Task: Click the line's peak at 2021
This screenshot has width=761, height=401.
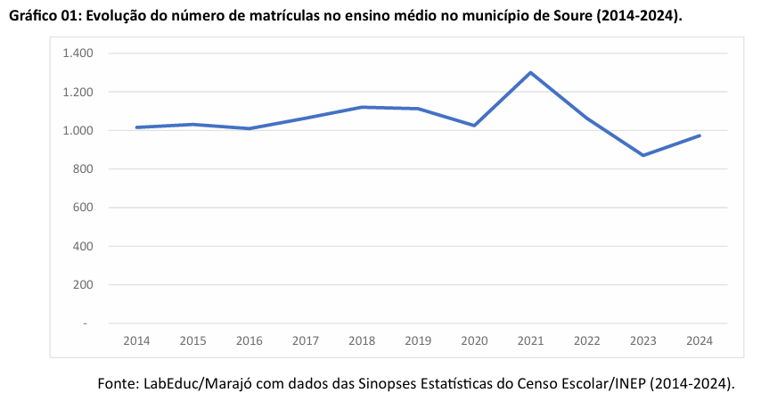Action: click(530, 72)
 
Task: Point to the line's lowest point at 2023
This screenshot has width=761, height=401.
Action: click(643, 155)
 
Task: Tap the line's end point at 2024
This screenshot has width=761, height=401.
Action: click(700, 135)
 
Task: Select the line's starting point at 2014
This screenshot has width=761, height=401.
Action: click(136, 127)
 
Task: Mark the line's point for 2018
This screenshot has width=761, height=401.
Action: click(362, 107)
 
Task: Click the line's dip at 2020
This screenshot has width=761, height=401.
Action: click(474, 126)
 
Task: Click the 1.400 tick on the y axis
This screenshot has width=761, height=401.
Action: click(78, 53)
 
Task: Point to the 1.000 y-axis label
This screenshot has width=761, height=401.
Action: click(78, 131)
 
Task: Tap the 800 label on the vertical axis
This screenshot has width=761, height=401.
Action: click(82, 169)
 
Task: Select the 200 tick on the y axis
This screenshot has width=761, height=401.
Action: click(82, 285)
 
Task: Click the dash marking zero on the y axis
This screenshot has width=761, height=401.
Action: click(86, 323)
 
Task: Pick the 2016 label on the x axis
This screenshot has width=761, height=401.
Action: click(249, 340)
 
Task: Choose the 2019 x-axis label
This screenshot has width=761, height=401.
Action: click(418, 340)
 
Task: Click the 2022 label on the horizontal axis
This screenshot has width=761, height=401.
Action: click(586, 340)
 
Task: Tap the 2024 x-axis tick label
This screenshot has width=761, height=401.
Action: click(700, 340)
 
